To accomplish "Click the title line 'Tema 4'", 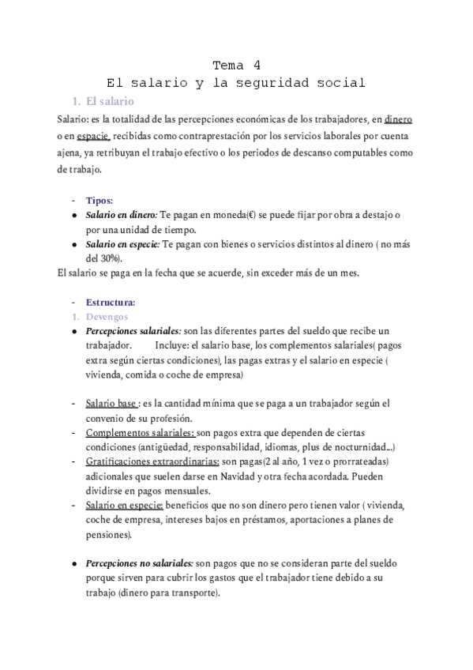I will coord(236,65).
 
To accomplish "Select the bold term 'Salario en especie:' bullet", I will coord(122,244).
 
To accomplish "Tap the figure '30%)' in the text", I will coord(109,258).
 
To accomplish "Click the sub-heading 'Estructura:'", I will coord(111,302).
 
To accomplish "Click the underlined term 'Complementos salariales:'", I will coord(141,433).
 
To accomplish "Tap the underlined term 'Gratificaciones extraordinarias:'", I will coord(152,461).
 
